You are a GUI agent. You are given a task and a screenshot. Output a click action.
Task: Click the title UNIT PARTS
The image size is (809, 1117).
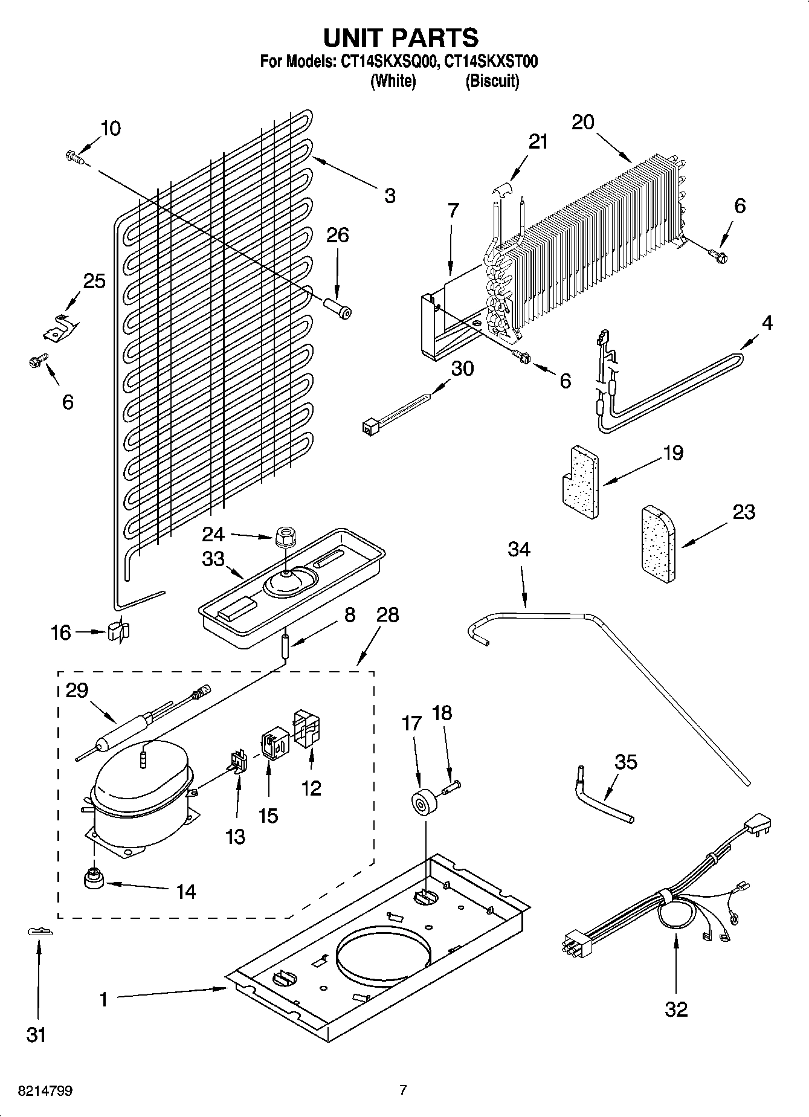[x=401, y=37]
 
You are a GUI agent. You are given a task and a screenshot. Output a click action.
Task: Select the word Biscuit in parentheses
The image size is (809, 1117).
[x=492, y=81]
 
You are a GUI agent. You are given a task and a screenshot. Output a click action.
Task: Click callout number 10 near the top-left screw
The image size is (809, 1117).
[x=111, y=128]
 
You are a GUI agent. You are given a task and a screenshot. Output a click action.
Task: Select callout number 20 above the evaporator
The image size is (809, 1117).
[x=583, y=122]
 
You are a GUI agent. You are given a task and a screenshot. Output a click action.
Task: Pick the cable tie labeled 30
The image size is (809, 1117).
[x=396, y=411]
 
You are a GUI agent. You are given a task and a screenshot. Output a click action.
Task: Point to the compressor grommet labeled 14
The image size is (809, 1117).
[x=94, y=879]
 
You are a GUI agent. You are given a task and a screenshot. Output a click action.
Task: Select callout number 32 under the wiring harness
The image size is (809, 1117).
[x=676, y=1009]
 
